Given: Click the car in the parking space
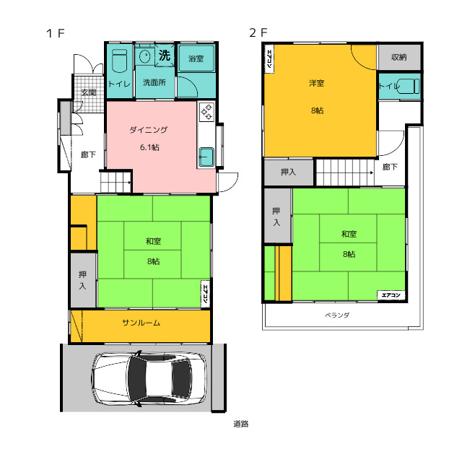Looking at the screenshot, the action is (x=149, y=378).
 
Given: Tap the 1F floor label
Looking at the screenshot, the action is (x=56, y=33).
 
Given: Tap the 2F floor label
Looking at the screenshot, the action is (x=258, y=32).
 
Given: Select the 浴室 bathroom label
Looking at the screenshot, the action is (x=196, y=58).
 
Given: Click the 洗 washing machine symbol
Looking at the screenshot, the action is (x=165, y=55).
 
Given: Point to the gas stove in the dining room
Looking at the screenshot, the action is (x=206, y=112).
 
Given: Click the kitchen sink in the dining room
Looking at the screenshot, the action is (x=206, y=157).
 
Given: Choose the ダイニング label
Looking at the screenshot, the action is (x=149, y=130).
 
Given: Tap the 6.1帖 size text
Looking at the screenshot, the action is (x=149, y=147).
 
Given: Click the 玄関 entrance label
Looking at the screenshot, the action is (x=88, y=92).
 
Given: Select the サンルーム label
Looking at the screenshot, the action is (x=141, y=323).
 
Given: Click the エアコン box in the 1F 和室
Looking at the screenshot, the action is (x=205, y=294).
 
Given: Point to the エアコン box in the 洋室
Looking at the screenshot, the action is (x=269, y=58).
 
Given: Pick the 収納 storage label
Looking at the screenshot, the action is (x=399, y=57).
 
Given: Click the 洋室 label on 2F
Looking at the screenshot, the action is (x=317, y=84).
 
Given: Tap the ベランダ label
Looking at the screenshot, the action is (x=337, y=315).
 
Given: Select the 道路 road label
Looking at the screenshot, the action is (x=241, y=424).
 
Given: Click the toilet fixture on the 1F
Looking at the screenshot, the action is (x=120, y=61).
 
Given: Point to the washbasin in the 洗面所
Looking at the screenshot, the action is (x=145, y=56).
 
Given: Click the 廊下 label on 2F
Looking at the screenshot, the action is (x=390, y=167).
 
